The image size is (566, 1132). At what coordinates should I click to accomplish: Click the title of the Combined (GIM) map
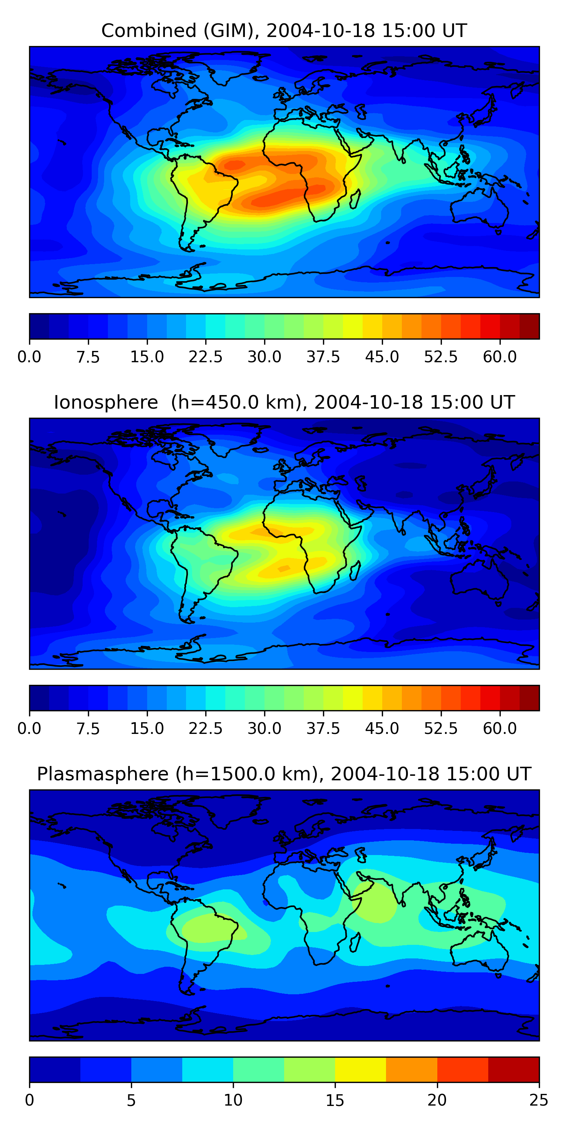(x=284, y=31)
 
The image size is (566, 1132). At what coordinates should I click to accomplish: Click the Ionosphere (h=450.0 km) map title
(x=284, y=403)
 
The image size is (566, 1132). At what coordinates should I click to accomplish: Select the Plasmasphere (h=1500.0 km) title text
(x=284, y=774)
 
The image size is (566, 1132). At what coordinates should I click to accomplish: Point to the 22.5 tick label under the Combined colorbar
(x=206, y=357)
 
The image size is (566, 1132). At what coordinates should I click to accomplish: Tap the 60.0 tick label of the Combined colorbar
(x=500, y=357)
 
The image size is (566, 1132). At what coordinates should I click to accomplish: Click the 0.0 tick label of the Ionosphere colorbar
(x=29, y=729)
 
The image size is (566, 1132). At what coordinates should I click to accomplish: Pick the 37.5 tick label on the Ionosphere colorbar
(x=323, y=729)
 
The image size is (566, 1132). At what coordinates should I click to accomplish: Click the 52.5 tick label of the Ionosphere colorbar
(x=441, y=729)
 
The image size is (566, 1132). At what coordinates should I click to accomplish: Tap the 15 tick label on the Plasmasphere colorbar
(x=335, y=1100)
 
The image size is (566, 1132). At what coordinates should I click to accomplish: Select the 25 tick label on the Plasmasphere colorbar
(x=539, y=1100)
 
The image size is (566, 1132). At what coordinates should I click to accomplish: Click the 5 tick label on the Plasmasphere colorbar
(x=131, y=1100)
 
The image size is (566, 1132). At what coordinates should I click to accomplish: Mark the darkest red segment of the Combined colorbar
(x=529, y=326)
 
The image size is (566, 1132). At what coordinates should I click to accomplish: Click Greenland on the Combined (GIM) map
(x=233, y=66)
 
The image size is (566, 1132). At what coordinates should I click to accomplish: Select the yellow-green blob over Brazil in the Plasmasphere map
(x=206, y=927)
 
